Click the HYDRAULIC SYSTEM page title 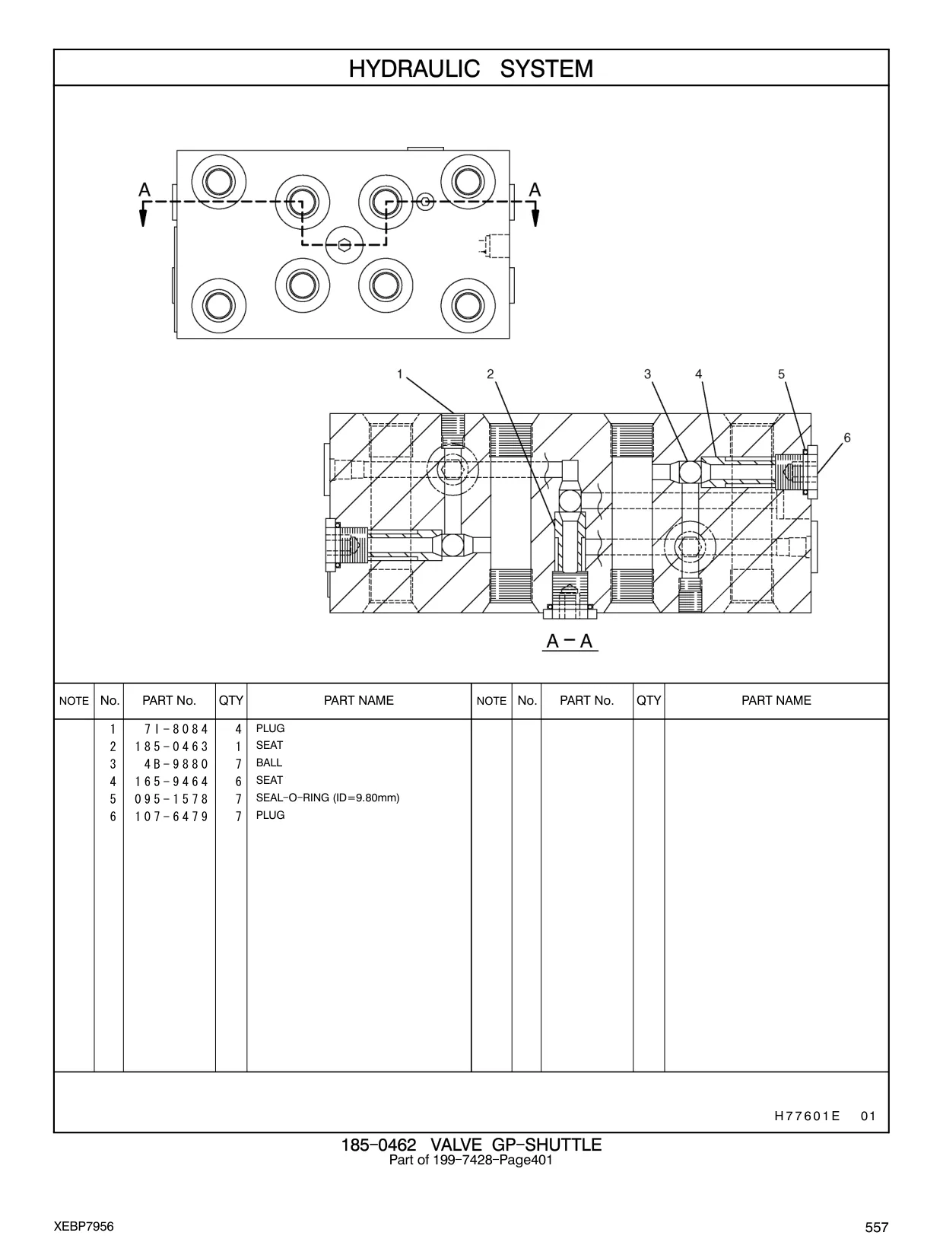471,68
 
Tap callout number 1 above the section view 400,374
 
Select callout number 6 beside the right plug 847,438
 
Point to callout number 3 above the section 647,374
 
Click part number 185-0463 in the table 172,747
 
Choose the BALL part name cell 269,763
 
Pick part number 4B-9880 176,764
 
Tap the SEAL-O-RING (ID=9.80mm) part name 328,798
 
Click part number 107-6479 172,816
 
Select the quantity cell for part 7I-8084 238,729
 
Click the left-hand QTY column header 230,700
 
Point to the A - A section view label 570,641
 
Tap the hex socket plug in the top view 344,245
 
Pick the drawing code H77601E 807,1116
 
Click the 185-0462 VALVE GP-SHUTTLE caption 471,1145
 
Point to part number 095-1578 172,799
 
